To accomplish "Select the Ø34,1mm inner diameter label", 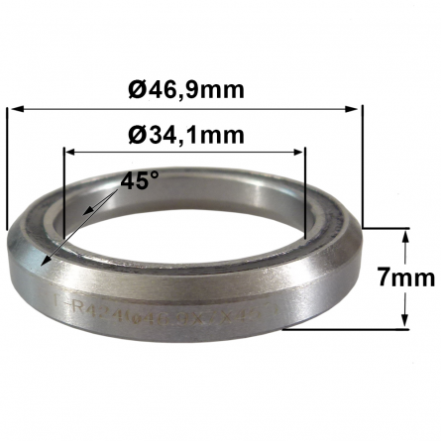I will [185, 131].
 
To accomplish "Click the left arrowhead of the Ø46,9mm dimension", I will [14, 109].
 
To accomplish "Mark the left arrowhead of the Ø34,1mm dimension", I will [69, 152].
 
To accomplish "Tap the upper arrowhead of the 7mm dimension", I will [403, 236].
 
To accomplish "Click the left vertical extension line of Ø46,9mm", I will [8, 168].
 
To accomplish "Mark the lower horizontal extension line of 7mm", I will [347, 328].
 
